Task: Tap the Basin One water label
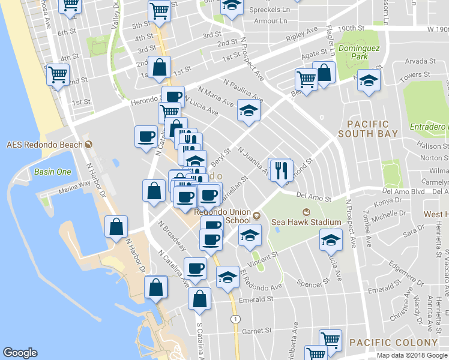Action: click(52, 172)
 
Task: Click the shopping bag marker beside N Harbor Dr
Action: click(116, 227)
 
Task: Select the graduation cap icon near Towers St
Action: click(369, 82)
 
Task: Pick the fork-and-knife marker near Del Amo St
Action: click(281, 171)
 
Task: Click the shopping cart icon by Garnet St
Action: click(330, 340)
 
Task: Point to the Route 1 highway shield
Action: click(234, 318)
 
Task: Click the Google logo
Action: click(20, 353)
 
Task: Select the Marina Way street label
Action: click(73, 192)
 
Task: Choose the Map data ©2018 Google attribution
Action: click(412, 355)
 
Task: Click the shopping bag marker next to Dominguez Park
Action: click(324, 73)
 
